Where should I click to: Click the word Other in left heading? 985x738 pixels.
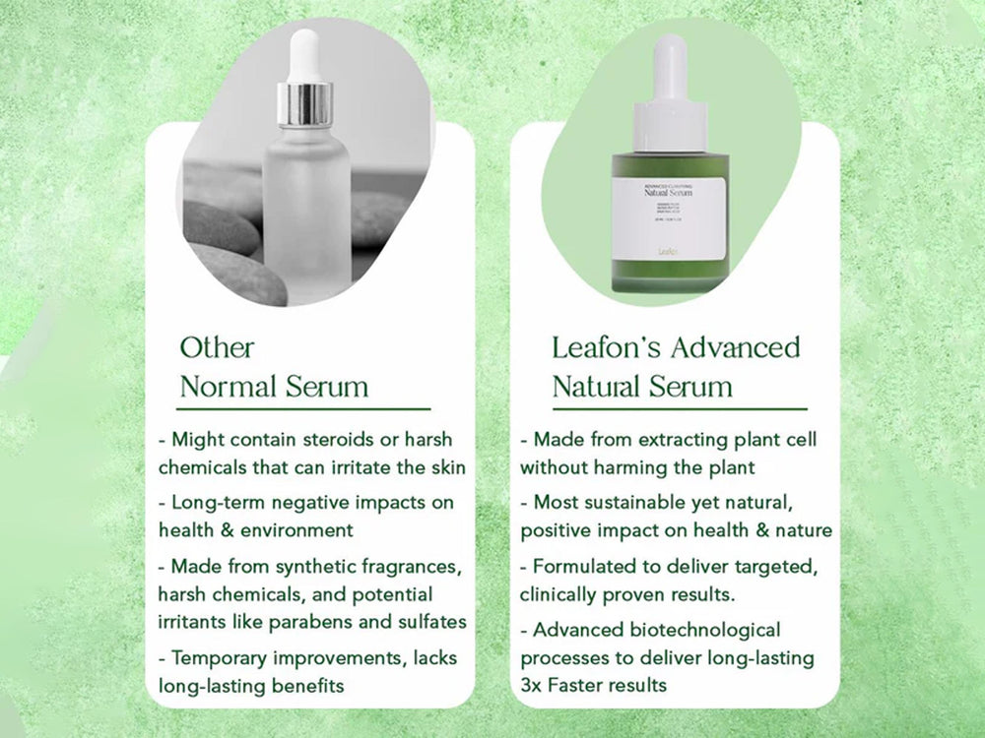point(217,347)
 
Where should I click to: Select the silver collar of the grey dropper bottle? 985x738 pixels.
point(304,104)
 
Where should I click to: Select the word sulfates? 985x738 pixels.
point(430,622)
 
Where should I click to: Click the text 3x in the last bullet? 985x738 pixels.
point(534,684)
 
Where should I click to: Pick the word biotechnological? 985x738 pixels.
point(696,629)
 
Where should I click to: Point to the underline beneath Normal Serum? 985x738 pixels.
point(304,407)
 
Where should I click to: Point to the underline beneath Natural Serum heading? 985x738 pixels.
point(679,408)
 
